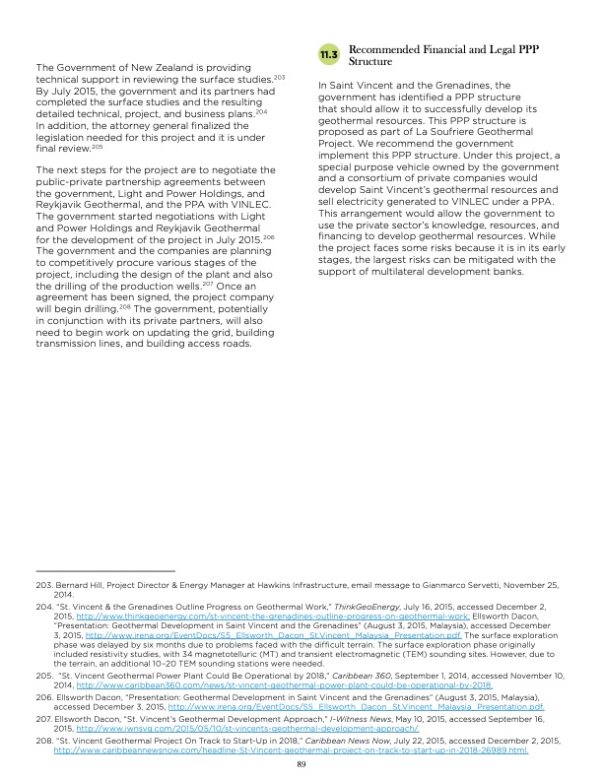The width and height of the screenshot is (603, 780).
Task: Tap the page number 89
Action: pos(301,761)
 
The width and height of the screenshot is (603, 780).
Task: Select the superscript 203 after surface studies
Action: pos(280,75)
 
